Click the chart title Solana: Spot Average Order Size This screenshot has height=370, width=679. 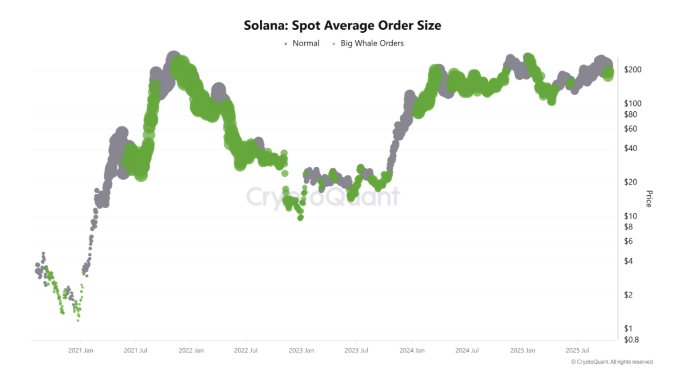[342, 25]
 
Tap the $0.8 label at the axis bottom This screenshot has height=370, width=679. [630, 340]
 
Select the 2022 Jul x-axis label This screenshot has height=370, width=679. [246, 351]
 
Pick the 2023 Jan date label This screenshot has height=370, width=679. [301, 351]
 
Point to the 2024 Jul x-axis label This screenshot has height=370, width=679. [467, 351]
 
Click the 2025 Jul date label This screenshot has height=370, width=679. [577, 351]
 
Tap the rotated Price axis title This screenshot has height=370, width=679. [649, 199]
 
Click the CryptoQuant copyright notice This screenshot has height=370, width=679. [611, 361]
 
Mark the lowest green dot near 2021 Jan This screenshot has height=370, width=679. [78, 321]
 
